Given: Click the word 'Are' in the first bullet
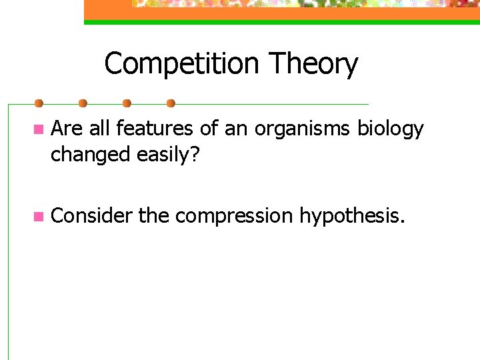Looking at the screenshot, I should point(65,128).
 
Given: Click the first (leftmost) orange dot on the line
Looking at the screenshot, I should point(39,103).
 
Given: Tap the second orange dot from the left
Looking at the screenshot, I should point(83,103).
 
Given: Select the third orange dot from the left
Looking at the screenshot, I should point(127,103).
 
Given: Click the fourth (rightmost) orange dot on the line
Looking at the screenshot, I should point(171,103).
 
